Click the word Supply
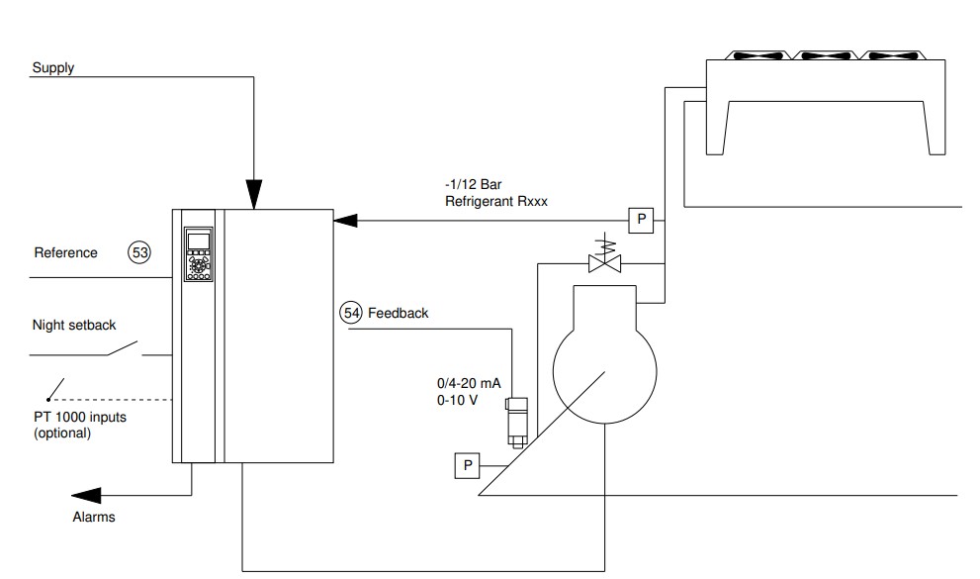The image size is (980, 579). [x=53, y=67]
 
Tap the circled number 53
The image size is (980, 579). [x=139, y=252]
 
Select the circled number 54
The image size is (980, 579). [x=351, y=313]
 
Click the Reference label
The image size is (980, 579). [x=65, y=252]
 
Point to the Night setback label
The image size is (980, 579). [x=74, y=326]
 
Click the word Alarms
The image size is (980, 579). [x=94, y=517]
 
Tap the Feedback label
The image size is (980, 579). [x=399, y=313]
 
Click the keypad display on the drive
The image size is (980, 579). [x=199, y=241]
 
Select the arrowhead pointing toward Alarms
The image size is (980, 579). [x=86, y=496]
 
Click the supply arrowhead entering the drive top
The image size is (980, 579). [x=254, y=194]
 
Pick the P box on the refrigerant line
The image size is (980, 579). [x=641, y=220]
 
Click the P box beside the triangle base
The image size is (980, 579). [x=467, y=466]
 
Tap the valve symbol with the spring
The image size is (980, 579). [x=605, y=255]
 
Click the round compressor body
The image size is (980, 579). [x=605, y=371]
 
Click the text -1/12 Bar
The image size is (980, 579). [x=473, y=184]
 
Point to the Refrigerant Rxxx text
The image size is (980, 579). [x=496, y=201]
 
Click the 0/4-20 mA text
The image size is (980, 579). [x=469, y=383]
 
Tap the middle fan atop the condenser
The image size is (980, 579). [x=827, y=55]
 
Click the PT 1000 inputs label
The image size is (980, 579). [x=80, y=417]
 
